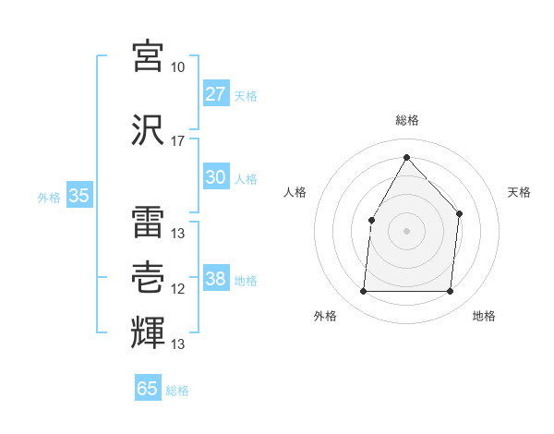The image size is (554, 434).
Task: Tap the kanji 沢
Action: [x=149, y=130]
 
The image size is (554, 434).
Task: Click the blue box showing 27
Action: [x=216, y=94]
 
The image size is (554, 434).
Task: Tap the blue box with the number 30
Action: [x=216, y=178]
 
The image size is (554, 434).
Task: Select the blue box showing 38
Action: [x=216, y=280]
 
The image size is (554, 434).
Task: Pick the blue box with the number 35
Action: [x=79, y=196]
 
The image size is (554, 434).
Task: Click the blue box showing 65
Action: [x=148, y=389]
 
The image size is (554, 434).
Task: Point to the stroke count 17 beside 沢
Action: [x=178, y=141]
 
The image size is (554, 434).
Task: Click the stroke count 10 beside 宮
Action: [x=178, y=67]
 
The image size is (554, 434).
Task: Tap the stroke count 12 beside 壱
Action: [x=178, y=289]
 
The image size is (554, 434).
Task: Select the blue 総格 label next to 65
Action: [x=178, y=391]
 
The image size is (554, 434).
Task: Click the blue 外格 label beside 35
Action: [x=49, y=197]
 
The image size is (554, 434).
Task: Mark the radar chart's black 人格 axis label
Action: [x=295, y=192]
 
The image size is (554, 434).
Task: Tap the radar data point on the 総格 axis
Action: [x=406, y=157]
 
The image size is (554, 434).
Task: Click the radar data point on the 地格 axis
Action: [x=451, y=292]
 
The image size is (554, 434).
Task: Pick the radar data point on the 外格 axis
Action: [x=363, y=292]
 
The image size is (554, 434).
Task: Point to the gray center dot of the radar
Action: [x=406, y=230]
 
